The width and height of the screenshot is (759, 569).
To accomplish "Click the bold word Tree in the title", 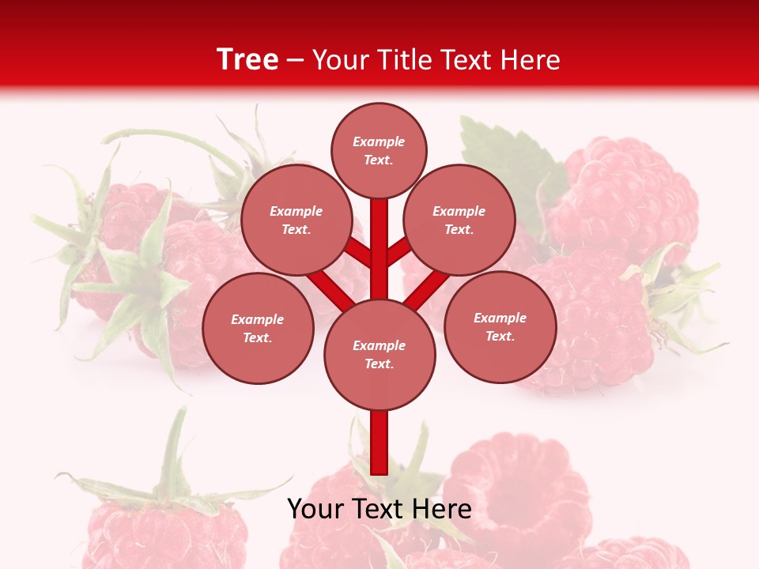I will [x=247, y=59].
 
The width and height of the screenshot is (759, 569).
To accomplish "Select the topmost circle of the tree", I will [x=379, y=150].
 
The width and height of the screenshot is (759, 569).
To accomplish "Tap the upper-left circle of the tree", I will [x=296, y=220].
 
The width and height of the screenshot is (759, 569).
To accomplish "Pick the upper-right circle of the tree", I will [x=459, y=220].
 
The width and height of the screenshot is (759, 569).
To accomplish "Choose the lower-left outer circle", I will [x=258, y=328].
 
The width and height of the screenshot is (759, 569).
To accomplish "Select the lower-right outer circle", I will [x=500, y=326].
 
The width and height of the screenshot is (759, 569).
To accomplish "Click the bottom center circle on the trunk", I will [x=379, y=355].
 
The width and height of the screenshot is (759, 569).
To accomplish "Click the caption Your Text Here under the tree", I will [x=379, y=509].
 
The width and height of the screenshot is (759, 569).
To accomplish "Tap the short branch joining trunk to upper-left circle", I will [x=360, y=253].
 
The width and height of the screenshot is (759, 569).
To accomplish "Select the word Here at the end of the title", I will [x=534, y=60].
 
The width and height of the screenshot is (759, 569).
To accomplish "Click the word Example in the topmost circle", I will [x=379, y=141].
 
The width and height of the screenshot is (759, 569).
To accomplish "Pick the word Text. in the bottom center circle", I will [x=379, y=364].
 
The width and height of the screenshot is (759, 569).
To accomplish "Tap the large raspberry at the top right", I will [x=625, y=198].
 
